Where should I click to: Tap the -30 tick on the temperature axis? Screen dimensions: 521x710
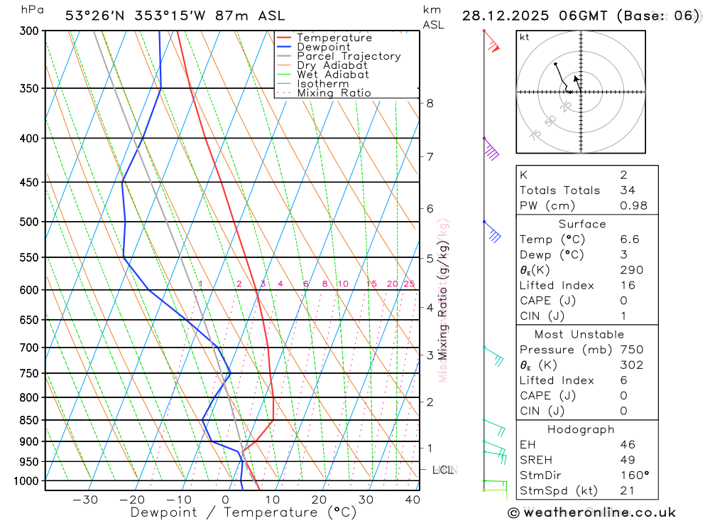(x=85, y=500)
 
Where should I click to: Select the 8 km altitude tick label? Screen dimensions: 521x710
(x=430, y=103)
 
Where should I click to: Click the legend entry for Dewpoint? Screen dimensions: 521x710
(x=323, y=47)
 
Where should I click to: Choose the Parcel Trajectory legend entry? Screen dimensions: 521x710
(x=349, y=56)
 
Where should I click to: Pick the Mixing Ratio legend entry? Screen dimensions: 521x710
(x=334, y=93)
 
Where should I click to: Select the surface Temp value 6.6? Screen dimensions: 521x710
(x=629, y=240)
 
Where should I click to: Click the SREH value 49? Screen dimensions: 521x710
(x=627, y=460)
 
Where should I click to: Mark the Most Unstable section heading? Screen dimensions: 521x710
(x=580, y=334)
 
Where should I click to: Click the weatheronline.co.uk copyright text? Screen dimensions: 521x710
(x=591, y=512)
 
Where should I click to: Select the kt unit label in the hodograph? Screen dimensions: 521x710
(x=525, y=37)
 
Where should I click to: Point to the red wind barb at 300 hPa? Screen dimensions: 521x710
(x=493, y=45)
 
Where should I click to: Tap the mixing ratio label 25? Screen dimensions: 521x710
(x=409, y=284)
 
